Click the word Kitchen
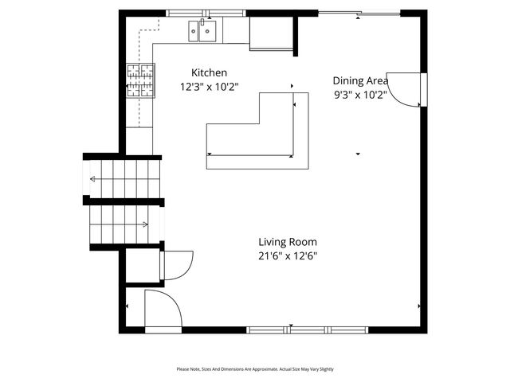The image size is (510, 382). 209,72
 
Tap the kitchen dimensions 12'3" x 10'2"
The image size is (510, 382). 209,87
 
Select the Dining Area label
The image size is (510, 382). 360,80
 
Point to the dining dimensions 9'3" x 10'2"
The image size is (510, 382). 360,95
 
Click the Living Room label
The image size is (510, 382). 288,242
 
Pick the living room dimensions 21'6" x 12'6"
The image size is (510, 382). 288,256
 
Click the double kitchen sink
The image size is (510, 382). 203,32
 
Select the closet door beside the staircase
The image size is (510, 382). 175,264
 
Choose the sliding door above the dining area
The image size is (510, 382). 359,14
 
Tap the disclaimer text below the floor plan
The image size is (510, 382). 255,369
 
